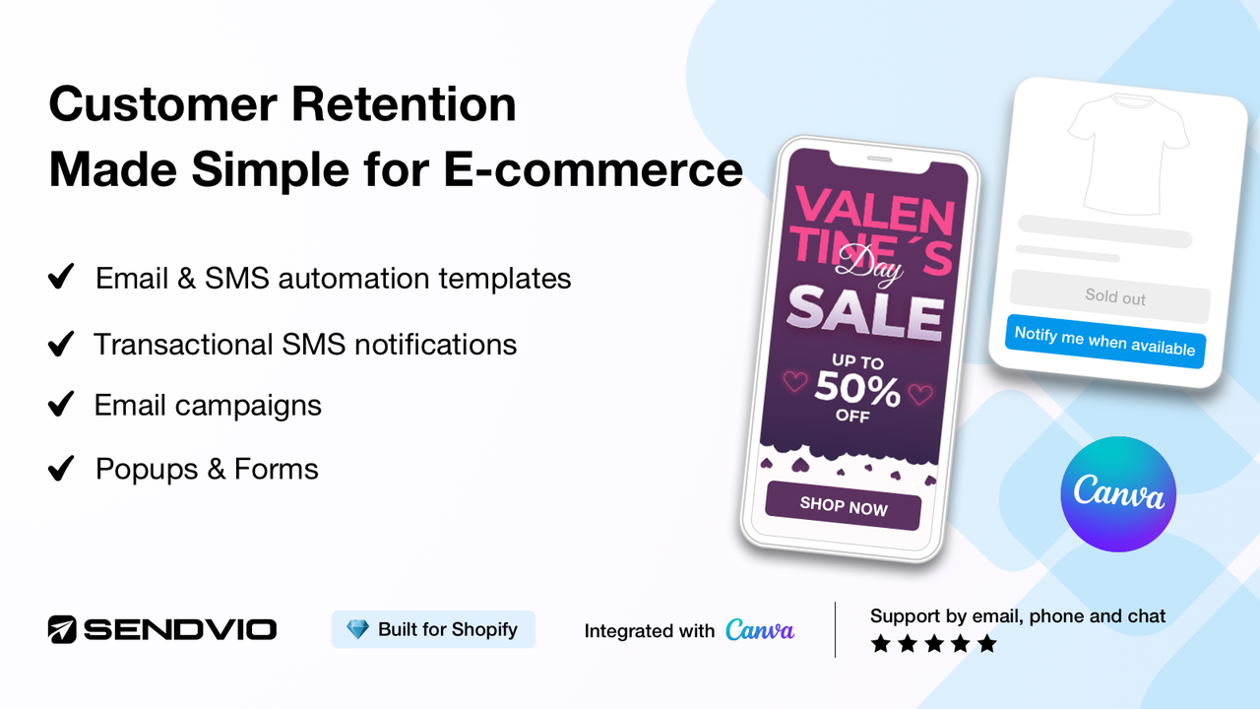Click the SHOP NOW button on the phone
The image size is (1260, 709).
pos(843,506)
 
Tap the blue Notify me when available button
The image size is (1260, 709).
pos(1104,341)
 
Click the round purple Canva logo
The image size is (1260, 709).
pos(1118,493)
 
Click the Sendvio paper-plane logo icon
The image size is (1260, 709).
pos(62,629)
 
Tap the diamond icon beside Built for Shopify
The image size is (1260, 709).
pos(357,629)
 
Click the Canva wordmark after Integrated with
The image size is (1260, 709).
pos(760,630)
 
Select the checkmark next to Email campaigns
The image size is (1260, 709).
pos(61,405)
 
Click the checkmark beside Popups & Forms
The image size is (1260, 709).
pos(61,469)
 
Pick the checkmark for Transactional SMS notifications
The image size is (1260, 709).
pos(61,344)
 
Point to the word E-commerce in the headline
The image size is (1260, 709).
pos(593,169)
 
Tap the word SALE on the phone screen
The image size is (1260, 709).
pos(864,310)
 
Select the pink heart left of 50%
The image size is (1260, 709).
pos(793,381)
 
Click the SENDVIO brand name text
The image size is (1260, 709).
pos(179,629)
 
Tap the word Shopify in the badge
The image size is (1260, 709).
pos(482,629)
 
